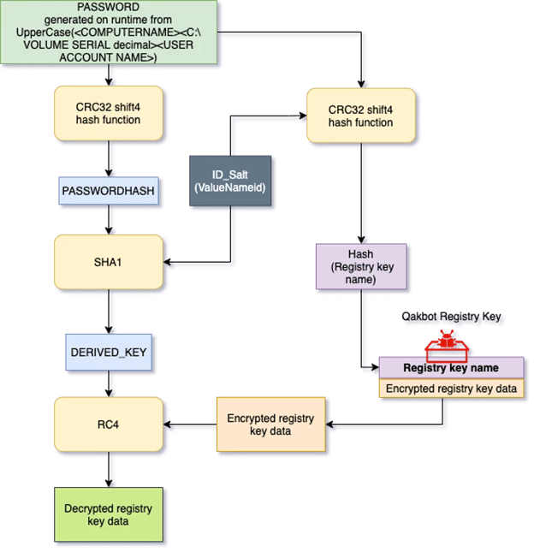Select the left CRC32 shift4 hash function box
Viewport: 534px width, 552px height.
[109, 114]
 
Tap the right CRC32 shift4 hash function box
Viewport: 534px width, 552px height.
[360, 116]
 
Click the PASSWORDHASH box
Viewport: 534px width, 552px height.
[109, 191]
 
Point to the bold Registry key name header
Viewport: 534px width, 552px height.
[451, 367]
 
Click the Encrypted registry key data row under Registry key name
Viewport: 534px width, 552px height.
[451, 388]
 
